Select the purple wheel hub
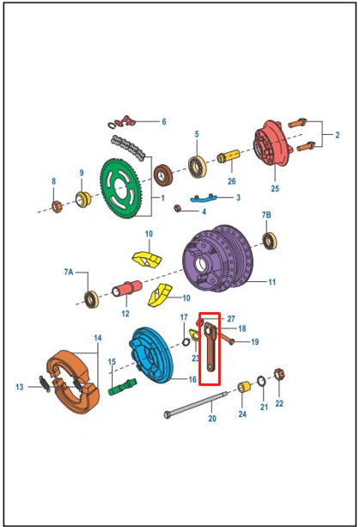217,259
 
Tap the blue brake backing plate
150,355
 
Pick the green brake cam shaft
123,387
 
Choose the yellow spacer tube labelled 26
229,156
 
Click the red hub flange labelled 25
272,144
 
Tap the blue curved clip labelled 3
204,199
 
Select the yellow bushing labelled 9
83,199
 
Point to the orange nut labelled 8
57,206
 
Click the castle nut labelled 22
279,374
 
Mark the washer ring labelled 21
261,381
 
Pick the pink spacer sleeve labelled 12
126,289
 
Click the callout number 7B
266,215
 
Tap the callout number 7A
69,272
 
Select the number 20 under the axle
212,419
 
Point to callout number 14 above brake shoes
98,338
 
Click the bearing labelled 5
197,167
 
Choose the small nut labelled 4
178,208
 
